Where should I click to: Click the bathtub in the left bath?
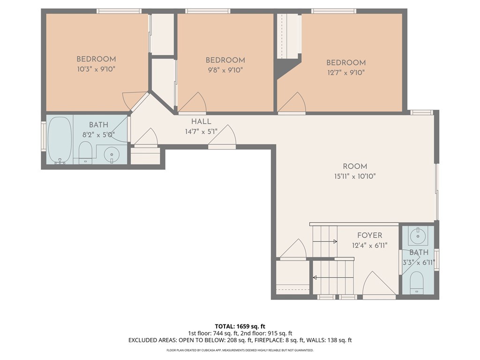(60, 140)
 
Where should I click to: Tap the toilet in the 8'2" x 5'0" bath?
(85, 152)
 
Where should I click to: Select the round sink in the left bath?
(111, 155)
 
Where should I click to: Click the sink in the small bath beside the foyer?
(418, 236)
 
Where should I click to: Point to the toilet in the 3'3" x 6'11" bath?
(416, 282)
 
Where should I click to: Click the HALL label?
(201, 121)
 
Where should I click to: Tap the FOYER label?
(370, 235)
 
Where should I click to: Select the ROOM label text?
(355, 166)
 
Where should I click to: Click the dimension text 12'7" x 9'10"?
(346, 73)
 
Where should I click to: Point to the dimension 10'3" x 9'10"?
(96, 69)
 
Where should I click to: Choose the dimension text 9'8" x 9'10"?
(225, 70)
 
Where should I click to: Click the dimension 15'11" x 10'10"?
(355, 176)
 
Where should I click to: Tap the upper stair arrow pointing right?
(325, 241)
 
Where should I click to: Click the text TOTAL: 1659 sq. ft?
(240, 326)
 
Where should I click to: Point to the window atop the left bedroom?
(119, 11)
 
